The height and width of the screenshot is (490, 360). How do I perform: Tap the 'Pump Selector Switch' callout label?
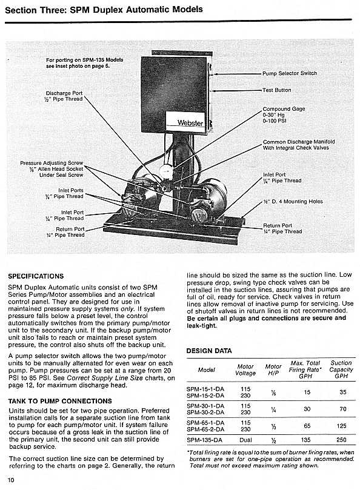(x=289, y=73)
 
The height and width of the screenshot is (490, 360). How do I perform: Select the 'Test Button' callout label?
(x=276, y=90)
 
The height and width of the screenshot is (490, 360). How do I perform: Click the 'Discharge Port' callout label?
(x=64, y=96)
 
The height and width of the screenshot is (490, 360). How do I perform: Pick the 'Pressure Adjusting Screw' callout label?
(x=52, y=164)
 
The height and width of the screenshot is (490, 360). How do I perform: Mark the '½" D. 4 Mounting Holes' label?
(x=293, y=202)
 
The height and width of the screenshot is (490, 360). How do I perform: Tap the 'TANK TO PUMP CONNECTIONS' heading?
(x=59, y=401)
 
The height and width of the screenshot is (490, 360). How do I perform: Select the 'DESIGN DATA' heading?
(x=208, y=351)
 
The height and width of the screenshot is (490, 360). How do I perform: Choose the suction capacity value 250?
(x=341, y=440)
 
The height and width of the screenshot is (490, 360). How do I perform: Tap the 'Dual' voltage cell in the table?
(x=245, y=440)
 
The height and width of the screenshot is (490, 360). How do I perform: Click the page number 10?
(x=12, y=480)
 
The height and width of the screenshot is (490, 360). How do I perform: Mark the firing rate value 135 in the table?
(x=306, y=440)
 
